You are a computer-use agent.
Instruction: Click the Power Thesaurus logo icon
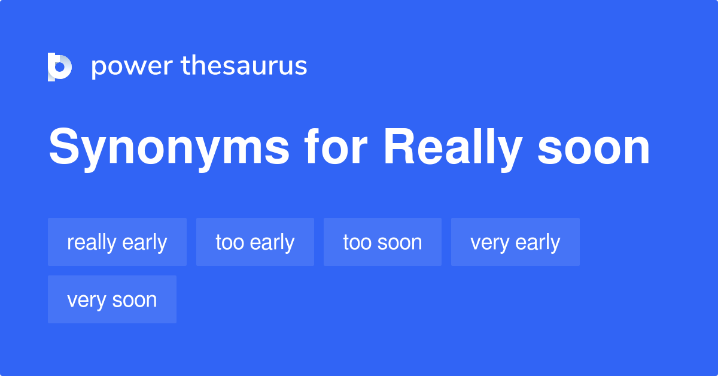click(60, 66)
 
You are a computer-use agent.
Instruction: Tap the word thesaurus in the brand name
click(244, 66)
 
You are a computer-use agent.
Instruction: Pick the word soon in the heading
click(593, 148)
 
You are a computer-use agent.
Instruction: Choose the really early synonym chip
click(117, 242)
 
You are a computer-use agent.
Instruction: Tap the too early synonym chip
click(255, 242)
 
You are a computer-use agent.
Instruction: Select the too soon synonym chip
click(382, 242)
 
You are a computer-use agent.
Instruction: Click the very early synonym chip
click(515, 242)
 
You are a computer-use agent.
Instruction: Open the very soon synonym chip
click(112, 300)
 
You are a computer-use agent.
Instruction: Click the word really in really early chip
click(92, 242)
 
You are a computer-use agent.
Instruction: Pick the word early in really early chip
click(144, 242)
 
